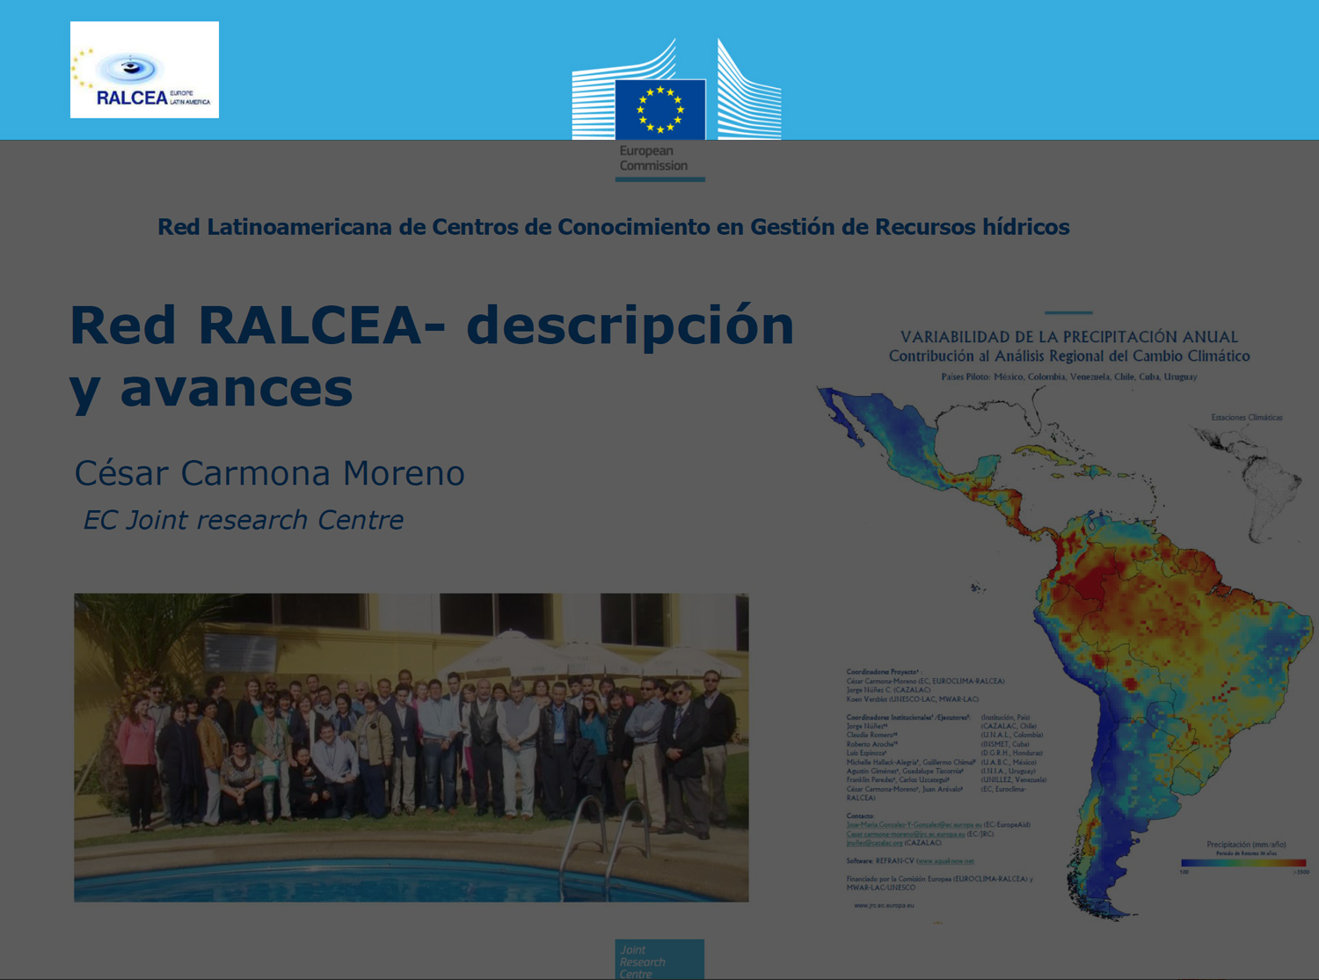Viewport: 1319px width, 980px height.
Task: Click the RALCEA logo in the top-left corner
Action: [144, 69]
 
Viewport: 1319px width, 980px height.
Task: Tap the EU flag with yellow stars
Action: [660, 109]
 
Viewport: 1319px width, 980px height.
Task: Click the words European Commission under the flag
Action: [652, 158]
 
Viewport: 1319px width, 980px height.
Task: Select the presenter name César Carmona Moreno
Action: [269, 473]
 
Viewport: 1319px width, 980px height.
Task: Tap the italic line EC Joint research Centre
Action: [243, 520]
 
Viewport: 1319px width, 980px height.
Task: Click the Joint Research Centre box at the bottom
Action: [659, 960]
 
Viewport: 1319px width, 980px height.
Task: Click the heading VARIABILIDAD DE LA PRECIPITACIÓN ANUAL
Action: [1069, 337]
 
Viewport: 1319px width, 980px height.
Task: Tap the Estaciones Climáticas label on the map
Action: [1246, 417]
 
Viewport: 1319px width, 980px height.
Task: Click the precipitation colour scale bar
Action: [1242, 863]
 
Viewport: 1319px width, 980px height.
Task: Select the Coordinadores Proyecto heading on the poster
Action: [882, 671]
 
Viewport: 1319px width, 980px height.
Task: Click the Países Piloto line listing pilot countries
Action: [1069, 377]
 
